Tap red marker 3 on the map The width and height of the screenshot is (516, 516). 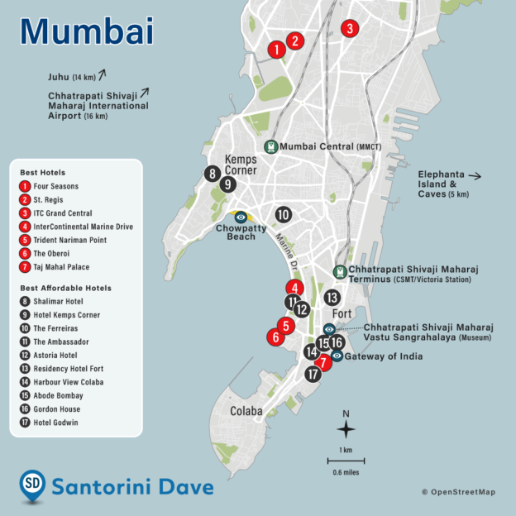(350, 28)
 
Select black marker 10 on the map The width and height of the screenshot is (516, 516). (283, 214)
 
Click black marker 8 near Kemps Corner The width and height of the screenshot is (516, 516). (213, 174)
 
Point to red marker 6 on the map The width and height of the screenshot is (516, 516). (274, 337)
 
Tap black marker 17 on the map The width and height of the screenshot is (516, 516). (312, 374)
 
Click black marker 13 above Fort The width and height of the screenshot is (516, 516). (332, 297)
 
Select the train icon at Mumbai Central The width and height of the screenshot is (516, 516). (270, 146)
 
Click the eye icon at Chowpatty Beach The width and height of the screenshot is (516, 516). (240, 217)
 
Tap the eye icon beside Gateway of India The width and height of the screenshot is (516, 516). (337, 356)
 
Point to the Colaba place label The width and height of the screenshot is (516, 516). (246, 411)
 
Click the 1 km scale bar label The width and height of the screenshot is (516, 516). (346, 450)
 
